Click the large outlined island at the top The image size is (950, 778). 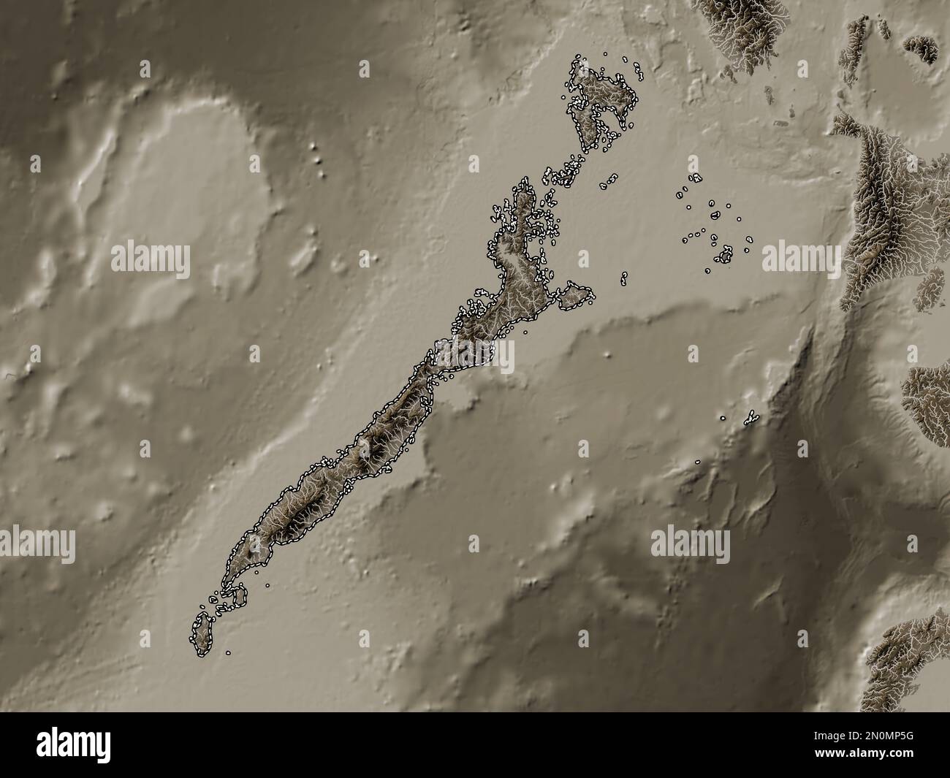pos(599,102)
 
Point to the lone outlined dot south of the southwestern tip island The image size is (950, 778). pos(228,653)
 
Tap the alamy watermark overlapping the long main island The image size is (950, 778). pos(475,356)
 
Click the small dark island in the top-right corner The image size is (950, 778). pos(922,48)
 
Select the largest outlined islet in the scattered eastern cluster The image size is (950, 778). pos(725,255)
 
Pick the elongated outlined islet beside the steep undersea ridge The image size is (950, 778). pos(750,418)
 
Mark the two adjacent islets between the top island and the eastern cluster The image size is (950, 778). pos(608,181)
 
